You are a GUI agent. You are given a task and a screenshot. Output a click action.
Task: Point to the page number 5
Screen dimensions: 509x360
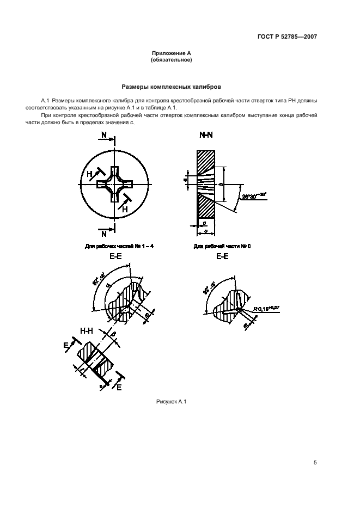pyautogui.click(x=315, y=462)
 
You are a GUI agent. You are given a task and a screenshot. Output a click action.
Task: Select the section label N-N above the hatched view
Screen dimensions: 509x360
pyautogui.click(x=206, y=134)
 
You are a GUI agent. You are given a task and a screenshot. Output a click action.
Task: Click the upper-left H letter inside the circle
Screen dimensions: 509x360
pyautogui.click(x=89, y=173)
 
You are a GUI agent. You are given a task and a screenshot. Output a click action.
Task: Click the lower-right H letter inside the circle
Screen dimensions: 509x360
pyautogui.click(x=125, y=208)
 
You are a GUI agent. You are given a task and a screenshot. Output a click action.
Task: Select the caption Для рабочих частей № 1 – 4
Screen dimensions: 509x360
pyautogui.click(x=119, y=246)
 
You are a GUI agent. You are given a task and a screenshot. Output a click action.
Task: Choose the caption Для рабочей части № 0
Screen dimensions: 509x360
pyautogui.click(x=222, y=246)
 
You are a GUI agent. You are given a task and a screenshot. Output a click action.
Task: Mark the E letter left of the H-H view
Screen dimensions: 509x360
pyautogui.click(x=66, y=345)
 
